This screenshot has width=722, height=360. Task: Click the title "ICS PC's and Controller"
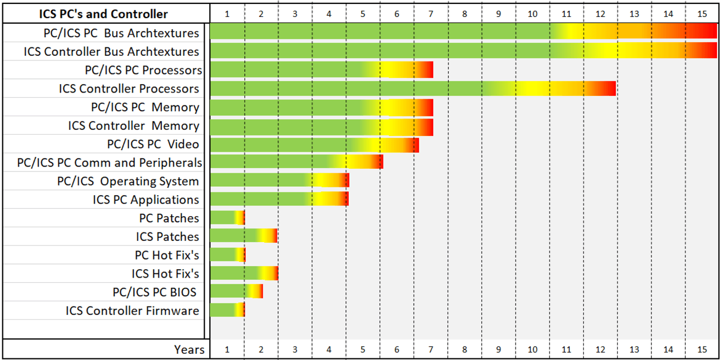tap(103, 14)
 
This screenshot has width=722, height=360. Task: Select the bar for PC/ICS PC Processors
tap(321, 70)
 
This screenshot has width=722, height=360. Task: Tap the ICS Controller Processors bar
tap(412, 89)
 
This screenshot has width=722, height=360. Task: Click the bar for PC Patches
tap(227, 218)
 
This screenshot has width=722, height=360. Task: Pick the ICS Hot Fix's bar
tap(244, 274)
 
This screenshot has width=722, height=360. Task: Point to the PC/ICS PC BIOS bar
tap(236, 292)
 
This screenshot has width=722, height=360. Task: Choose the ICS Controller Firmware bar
tap(227, 310)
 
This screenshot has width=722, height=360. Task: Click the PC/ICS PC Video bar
tap(314, 144)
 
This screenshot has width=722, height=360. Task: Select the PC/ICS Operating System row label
tap(128, 181)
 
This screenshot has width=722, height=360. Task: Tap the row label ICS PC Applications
tap(146, 200)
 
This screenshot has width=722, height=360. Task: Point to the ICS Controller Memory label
tap(134, 126)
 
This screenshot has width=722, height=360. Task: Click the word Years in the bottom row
tap(189, 350)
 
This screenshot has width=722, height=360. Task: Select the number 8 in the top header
tap(464, 14)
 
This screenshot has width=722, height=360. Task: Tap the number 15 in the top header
tap(702, 14)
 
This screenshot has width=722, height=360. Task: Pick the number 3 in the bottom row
tap(295, 350)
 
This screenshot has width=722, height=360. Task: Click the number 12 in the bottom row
tap(600, 350)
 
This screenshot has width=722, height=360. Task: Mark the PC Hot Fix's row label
tap(167, 255)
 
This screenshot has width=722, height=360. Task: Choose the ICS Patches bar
tap(243, 236)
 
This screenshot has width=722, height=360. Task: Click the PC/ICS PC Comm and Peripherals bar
tap(296, 163)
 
